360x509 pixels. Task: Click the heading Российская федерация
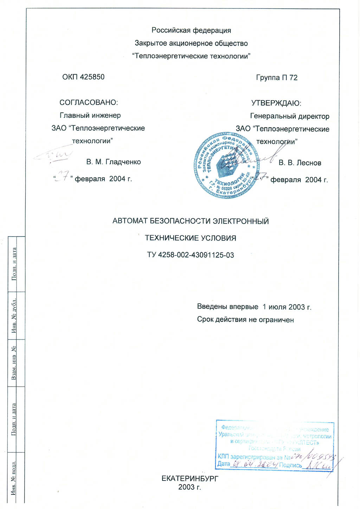coord(191,30)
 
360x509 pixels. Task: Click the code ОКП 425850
coord(83,77)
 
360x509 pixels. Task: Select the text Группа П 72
coord(277,78)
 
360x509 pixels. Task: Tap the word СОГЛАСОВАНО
coord(88,102)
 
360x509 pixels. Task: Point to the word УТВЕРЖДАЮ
coord(276,103)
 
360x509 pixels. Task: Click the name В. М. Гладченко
coord(114,162)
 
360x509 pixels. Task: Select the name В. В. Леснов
coord(300,163)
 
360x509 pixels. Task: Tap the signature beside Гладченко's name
coord(53,155)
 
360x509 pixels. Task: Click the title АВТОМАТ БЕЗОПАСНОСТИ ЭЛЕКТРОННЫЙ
coord(191,221)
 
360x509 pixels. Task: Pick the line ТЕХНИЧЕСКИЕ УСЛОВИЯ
coord(191,238)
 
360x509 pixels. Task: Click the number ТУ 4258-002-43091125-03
coord(191,255)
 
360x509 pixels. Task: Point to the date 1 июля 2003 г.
coord(287,307)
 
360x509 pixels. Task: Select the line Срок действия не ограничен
coord(245,320)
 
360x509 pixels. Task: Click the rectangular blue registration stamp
coord(275,445)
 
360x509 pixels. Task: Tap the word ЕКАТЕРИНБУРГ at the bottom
coord(190,478)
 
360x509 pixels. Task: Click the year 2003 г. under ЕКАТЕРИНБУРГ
coord(189,487)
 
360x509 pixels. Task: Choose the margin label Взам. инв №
coord(14,363)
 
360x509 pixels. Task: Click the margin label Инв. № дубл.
coord(14,316)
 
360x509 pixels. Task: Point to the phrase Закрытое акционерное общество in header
coord(191,43)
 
